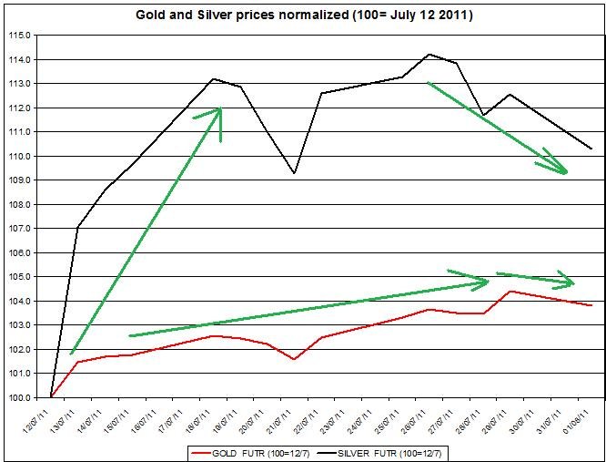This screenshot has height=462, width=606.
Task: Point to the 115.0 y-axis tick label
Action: tap(20, 36)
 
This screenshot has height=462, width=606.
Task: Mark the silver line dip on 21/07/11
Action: tap(294, 173)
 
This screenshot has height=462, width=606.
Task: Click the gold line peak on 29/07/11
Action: tap(510, 291)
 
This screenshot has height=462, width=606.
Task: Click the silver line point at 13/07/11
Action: tap(78, 227)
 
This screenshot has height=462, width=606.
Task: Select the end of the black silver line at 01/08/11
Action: tap(591, 149)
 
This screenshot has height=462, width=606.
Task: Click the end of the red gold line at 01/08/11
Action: tap(591, 305)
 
